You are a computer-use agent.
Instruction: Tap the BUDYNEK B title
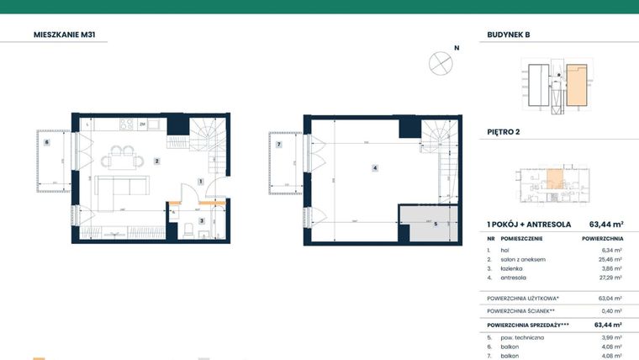[509, 35]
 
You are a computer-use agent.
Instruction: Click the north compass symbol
[439, 61]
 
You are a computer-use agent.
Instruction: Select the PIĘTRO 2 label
[504, 132]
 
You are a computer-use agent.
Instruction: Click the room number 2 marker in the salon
[156, 161]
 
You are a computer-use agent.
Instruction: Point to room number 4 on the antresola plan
[374, 168]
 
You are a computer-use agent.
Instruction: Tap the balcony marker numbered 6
[47, 142]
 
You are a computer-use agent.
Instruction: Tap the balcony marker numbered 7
[279, 145]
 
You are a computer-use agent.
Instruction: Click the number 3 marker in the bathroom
[201, 220]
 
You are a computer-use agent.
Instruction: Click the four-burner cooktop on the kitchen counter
[127, 124]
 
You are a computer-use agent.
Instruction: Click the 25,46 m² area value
[610, 260]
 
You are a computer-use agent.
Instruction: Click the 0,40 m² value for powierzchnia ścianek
[611, 310]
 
